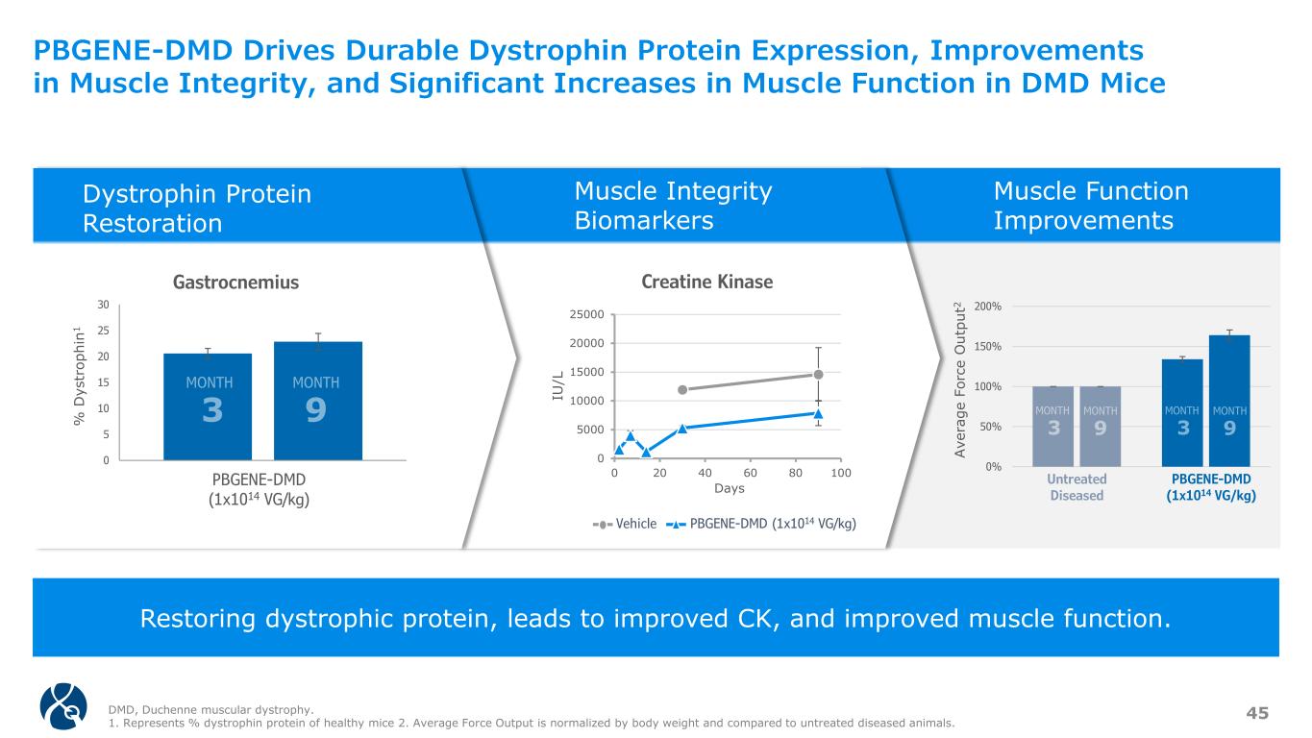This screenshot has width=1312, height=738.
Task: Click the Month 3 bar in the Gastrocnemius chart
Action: point(208,406)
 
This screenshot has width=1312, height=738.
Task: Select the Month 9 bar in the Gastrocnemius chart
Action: point(317,401)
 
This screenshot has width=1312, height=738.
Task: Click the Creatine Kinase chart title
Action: point(706,282)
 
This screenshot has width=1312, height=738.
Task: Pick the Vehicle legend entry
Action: point(625,524)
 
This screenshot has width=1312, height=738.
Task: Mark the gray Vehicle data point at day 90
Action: point(818,375)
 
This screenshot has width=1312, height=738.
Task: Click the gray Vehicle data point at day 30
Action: point(682,390)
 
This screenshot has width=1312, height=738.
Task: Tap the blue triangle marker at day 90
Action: point(818,414)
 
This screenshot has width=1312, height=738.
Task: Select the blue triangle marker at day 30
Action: point(682,429)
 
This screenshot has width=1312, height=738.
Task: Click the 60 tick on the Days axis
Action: point(751,474)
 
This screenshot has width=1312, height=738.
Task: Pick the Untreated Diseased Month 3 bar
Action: point(1053,427)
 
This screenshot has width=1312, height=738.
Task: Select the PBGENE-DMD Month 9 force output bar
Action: point(1229,401)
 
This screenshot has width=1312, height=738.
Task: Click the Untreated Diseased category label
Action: point(1077,487)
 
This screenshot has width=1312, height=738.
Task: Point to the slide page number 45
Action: point(1257,712)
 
